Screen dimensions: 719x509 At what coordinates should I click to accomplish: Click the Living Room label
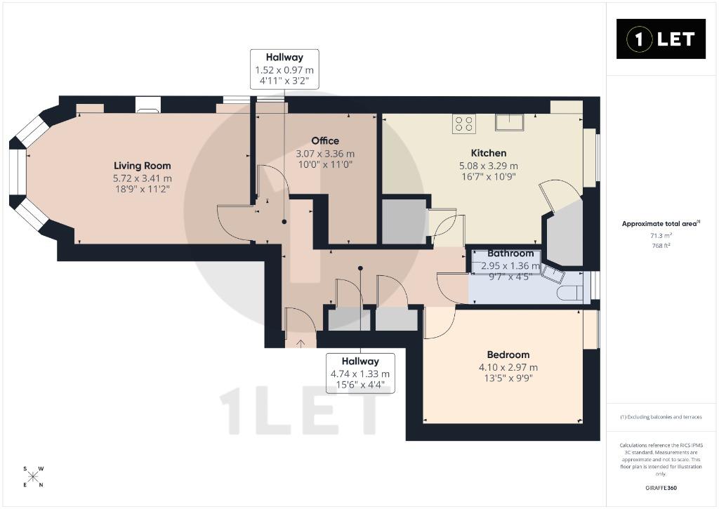pos(142,166)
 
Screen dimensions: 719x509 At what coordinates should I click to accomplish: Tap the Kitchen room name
pos(489,153)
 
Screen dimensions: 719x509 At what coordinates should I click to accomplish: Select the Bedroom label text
pos(508,355)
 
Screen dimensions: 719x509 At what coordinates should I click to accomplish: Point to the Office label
pos(325,141)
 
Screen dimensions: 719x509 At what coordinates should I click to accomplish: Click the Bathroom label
pos(510,253)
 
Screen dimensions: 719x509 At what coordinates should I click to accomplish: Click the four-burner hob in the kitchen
pos(463,124)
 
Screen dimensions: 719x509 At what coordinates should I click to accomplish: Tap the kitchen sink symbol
pos(509,122)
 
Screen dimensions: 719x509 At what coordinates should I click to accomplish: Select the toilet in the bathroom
pos(570,293)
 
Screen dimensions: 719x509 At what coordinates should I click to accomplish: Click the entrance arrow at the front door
pos(301,343)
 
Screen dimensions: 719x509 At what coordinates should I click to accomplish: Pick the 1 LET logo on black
pos(661,39)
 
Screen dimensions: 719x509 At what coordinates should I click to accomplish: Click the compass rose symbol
pos(33,477)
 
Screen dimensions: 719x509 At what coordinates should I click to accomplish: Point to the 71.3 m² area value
pos(661,236)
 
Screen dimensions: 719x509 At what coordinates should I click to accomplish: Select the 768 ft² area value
pos(661,246)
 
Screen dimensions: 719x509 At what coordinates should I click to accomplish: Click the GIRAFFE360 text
pos(661,488)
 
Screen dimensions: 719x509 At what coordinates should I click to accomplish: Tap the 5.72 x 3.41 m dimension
pos(142,178)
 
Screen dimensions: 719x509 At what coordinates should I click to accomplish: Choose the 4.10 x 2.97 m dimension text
pos(508,367)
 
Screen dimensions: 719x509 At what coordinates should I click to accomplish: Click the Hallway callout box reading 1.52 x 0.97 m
pos(284,70)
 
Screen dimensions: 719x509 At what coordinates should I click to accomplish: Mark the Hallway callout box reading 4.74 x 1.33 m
pos(360,374)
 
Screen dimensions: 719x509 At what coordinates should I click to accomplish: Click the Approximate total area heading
pos(661,224)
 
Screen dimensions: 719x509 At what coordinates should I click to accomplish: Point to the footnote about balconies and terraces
pos(661,417)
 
